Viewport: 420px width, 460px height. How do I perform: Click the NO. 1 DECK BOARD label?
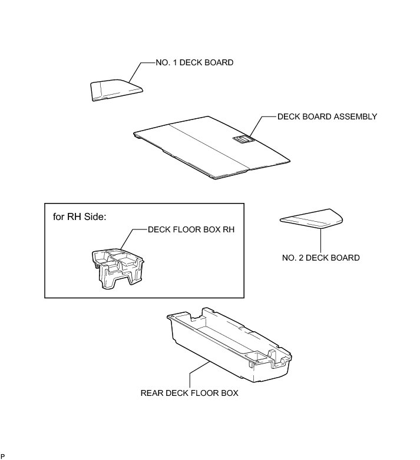pos(194,63)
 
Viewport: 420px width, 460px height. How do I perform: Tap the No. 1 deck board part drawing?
pos(116,91)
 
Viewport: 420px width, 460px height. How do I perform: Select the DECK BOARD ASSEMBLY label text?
pos(327,116)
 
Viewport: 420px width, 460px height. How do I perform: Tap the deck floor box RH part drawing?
pos(118,267)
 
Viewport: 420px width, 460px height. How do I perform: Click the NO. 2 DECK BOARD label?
pos(321,258)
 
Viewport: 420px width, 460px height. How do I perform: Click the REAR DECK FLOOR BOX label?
pos(189,393)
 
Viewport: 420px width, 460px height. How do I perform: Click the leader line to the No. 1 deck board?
pos(134,72)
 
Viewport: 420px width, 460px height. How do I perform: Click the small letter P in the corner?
pos(2,456)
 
